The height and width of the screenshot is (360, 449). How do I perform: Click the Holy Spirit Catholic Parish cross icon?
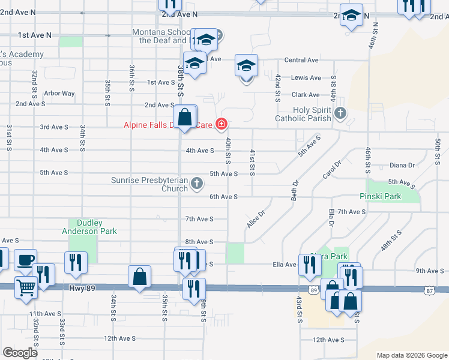(x=340, y=112)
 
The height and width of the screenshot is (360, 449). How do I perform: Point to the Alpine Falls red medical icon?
(x=221, y=125)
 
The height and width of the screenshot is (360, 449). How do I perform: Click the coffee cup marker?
(x=25, y=260)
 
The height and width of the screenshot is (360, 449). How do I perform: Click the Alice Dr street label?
(x=255, y=218)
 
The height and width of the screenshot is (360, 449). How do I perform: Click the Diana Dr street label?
(x=402, y=165)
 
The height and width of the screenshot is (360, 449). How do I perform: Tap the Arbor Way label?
(x=59, y=94)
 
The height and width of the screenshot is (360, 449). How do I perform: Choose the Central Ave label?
(x=301, y=60)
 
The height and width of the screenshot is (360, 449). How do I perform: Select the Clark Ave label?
(x=306, y=95)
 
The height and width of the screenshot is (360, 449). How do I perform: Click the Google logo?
(x=20, y=352)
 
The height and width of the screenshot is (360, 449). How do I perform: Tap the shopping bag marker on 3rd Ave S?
(x=185, y=117)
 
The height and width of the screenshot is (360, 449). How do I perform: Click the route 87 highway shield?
(x=429, y=290)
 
